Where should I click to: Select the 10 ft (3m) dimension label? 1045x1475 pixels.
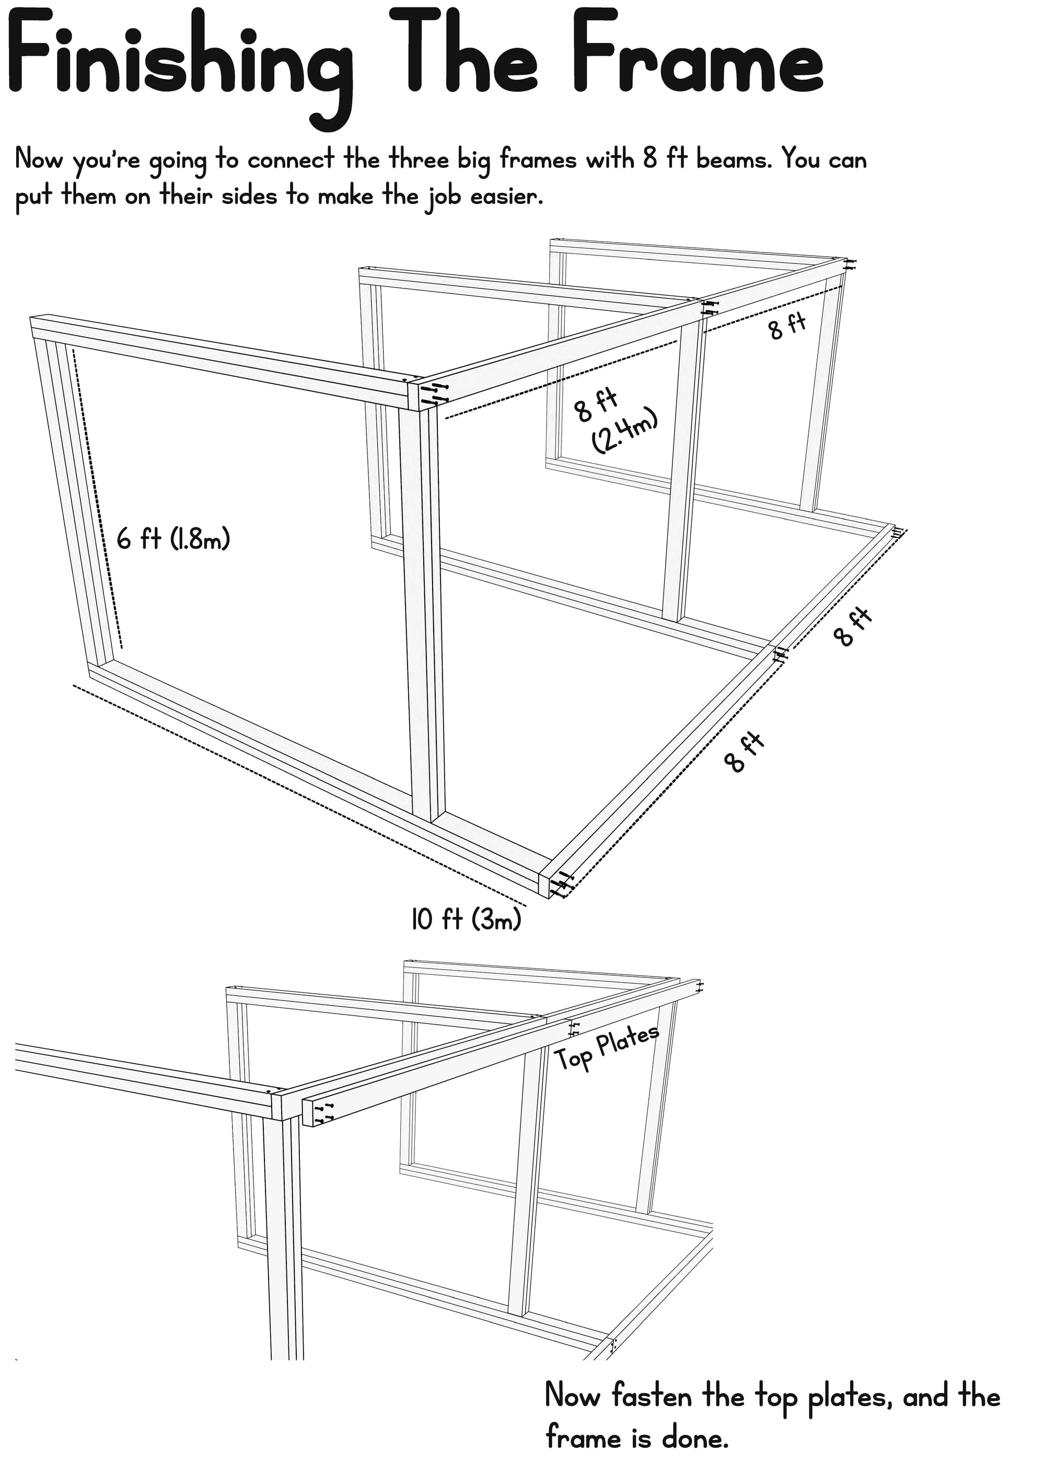(x=466, y=919)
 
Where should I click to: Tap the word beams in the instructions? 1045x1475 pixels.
(x=734, y=159)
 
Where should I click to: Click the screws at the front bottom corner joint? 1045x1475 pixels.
(x=561, y=883)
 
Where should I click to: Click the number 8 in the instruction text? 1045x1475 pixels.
(x=650, y=159)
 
